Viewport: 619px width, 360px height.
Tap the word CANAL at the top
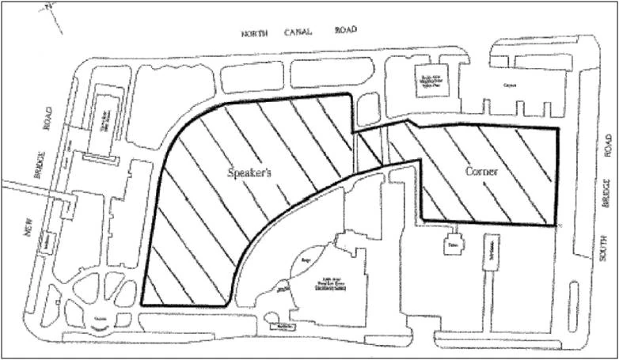299,32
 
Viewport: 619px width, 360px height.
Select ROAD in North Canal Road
344,31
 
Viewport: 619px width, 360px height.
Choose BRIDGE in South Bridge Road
606,195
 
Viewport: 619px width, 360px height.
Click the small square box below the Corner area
454,243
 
